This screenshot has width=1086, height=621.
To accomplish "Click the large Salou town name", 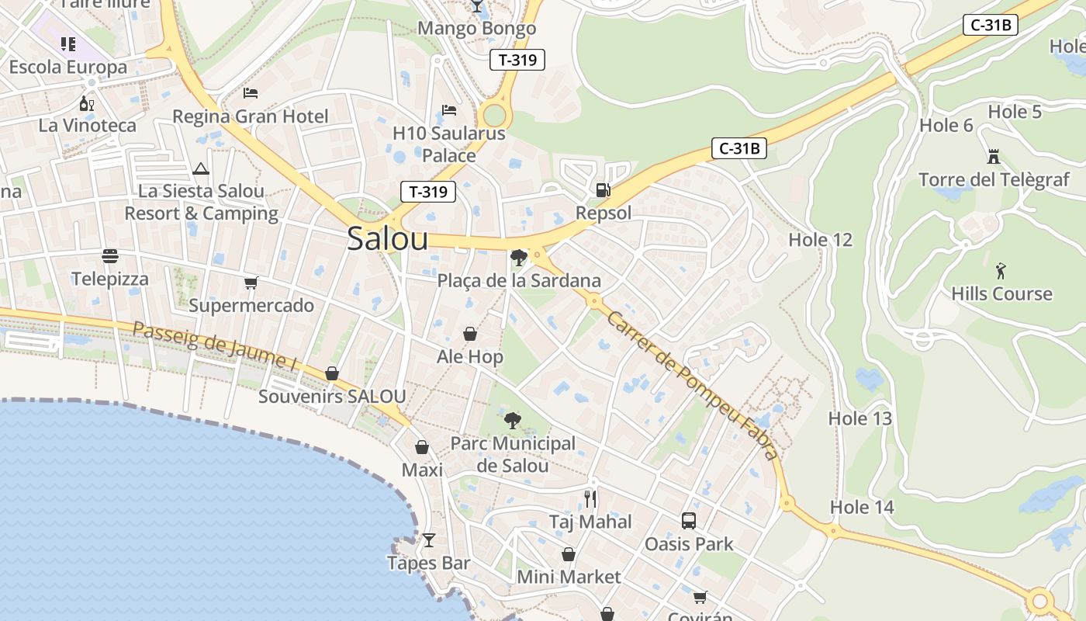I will coord(387,238).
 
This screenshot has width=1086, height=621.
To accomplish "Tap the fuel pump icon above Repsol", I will coord(603,189).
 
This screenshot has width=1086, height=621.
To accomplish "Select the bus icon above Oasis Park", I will coord(689,521).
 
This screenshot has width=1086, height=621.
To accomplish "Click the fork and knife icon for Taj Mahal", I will coord(591,498).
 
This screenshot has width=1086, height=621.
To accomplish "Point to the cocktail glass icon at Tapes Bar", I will coord(429,539).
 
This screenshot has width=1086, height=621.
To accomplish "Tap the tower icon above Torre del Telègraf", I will coord(993,157).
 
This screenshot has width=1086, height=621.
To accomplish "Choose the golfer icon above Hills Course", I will coord(1001,271).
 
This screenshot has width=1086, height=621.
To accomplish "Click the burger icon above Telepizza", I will coord(110,255).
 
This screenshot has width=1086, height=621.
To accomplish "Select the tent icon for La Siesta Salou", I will coord(201,168).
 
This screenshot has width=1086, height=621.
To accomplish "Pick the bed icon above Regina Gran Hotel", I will coord(251,93).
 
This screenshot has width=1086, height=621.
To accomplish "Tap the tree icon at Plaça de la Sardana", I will coord(519,257).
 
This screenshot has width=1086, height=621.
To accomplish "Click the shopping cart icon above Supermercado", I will coord(251,283).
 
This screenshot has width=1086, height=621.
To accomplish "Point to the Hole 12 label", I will coord(820,240).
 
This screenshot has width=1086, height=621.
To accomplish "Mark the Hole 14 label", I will coord(862,508).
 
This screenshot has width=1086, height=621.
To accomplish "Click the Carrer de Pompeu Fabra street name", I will coord(692,385).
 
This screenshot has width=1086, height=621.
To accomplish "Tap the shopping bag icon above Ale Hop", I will coord(470,334).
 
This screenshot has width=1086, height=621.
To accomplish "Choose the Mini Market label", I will coord(569,577).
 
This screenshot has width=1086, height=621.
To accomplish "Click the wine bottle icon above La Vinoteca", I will coord(86,102).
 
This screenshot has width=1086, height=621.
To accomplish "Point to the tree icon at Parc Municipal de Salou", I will coord(512,421).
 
